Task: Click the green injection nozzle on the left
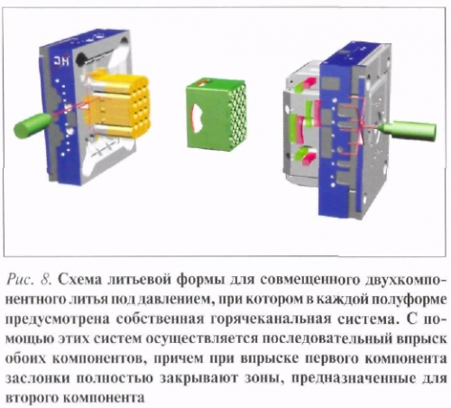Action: pos(32,125)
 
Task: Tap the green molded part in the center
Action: pos(216,114)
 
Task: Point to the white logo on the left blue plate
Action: pos(61,61)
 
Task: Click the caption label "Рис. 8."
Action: pos(29,280)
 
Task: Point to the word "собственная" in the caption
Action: pos(161,320)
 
